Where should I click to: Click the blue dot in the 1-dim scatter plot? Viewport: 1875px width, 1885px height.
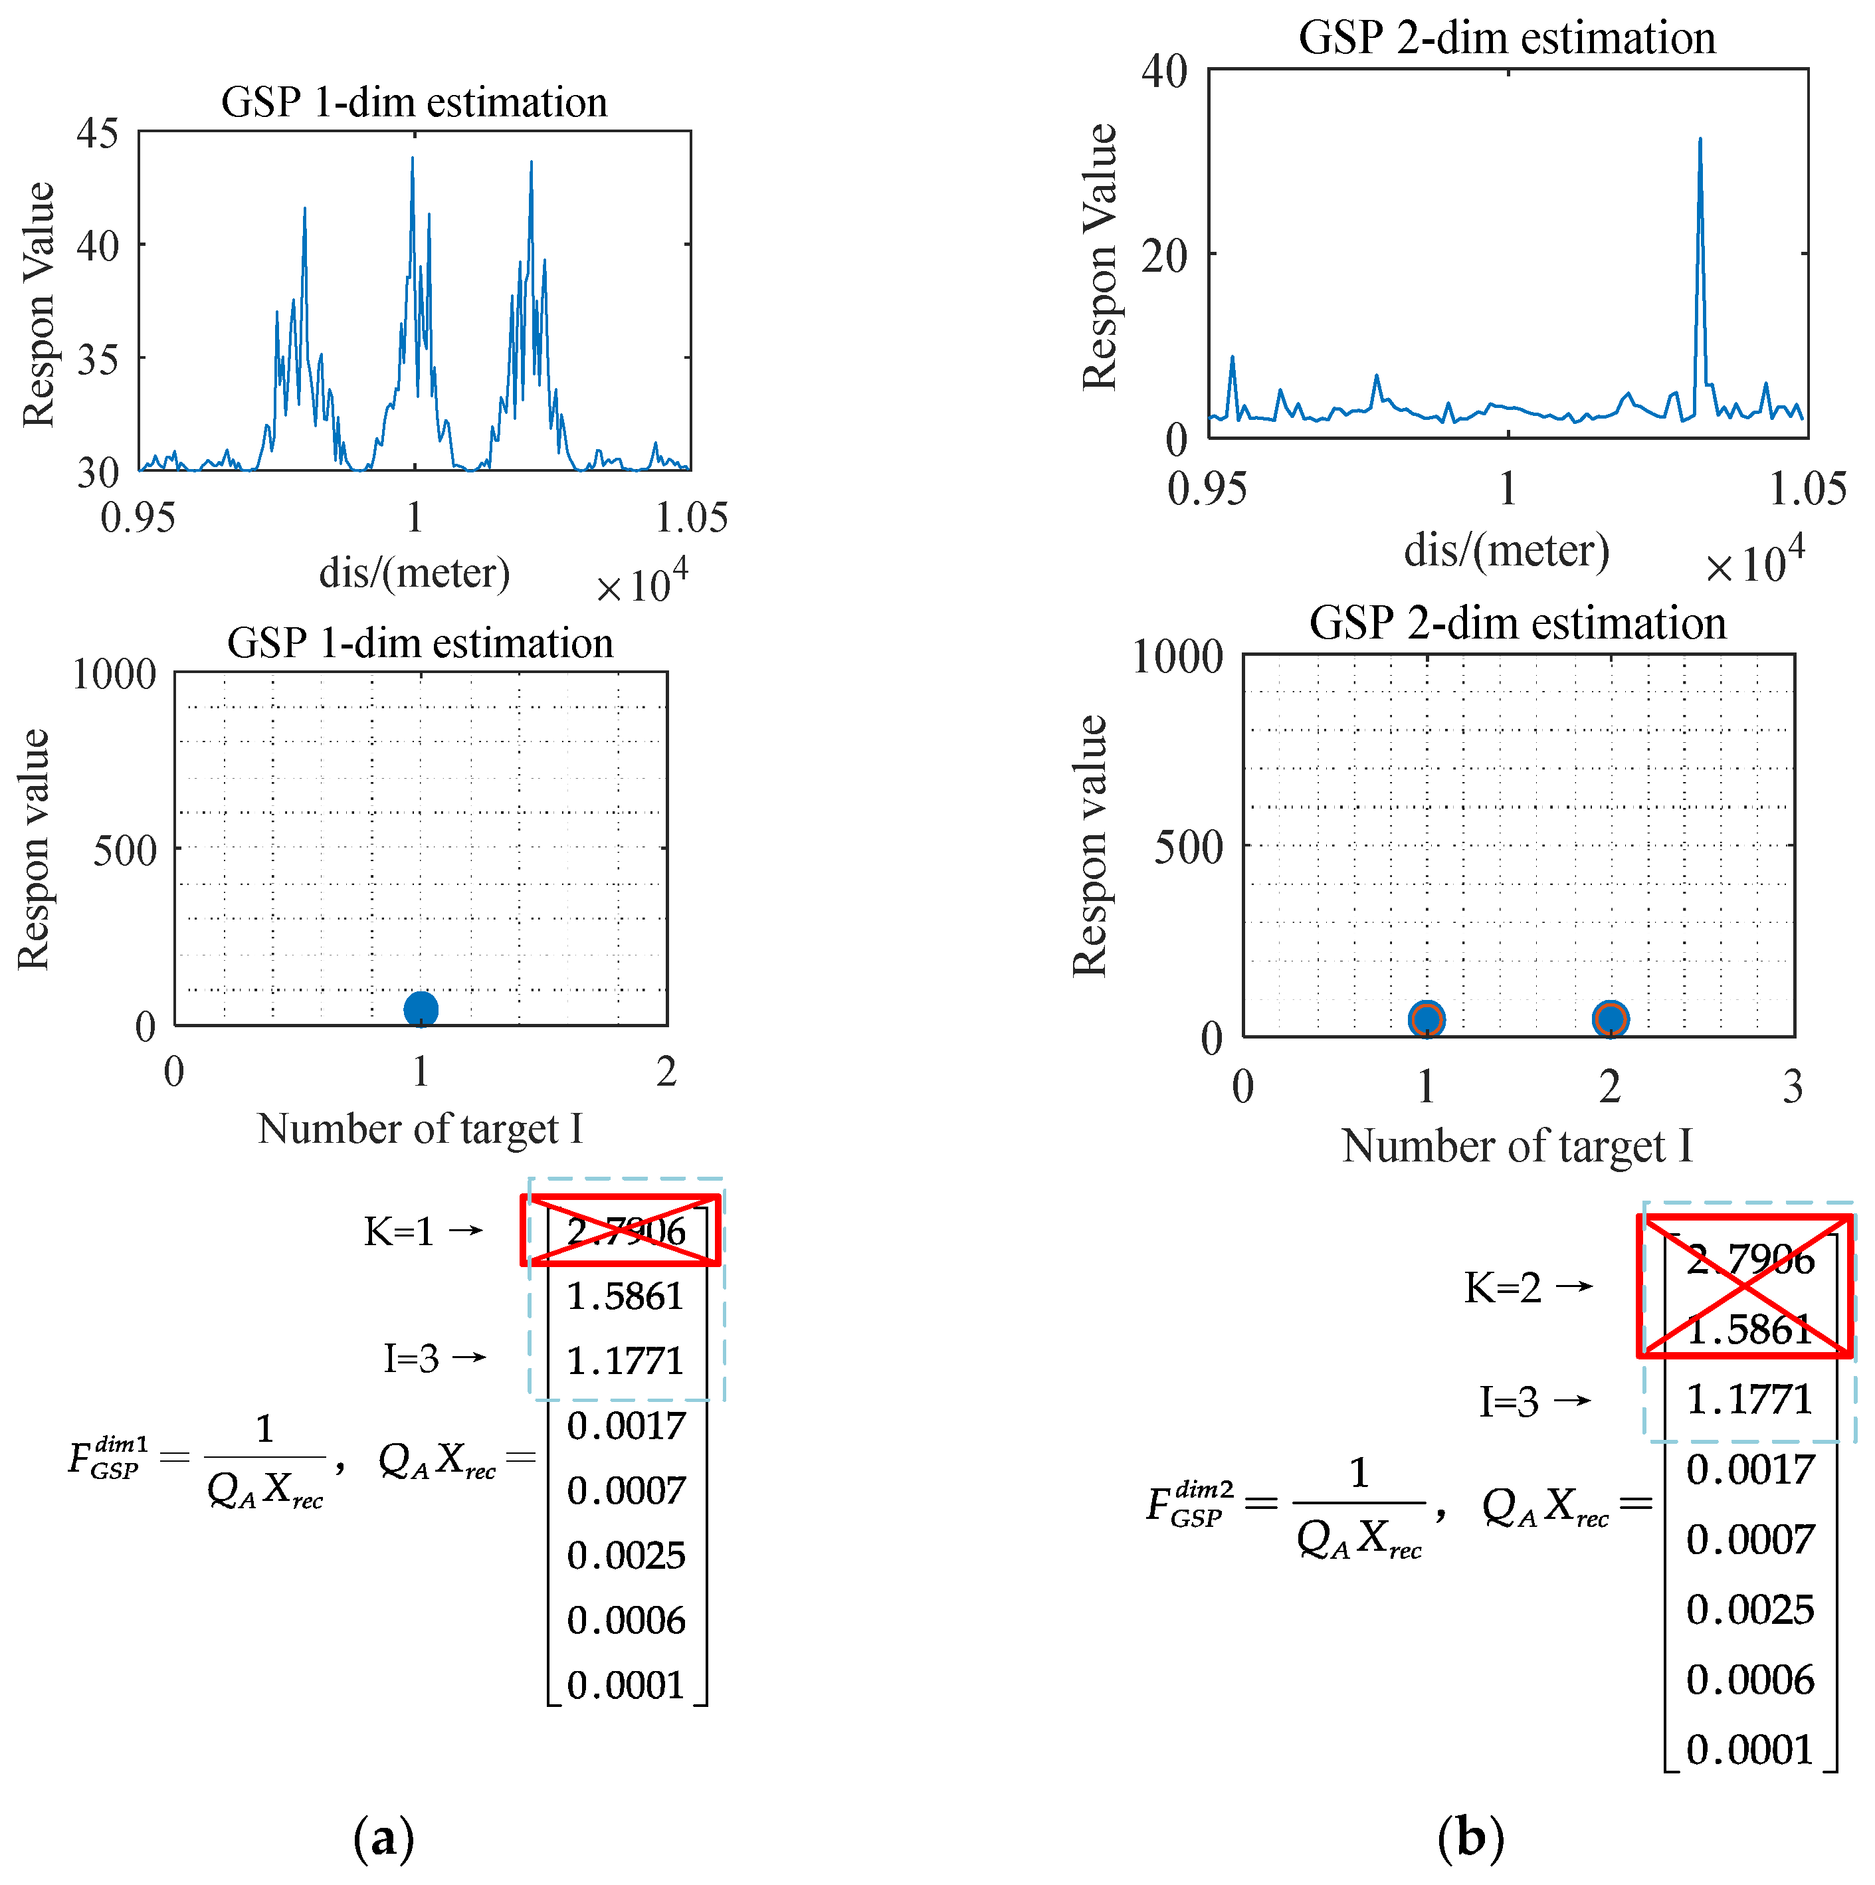[421, 1009]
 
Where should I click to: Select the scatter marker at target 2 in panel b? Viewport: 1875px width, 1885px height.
[1610, 1019]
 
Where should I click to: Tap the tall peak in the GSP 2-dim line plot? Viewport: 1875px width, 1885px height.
[1700, 142]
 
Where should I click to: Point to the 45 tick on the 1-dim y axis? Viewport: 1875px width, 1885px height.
[98, 133]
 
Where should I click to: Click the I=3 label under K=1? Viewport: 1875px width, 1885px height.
[411, 1357]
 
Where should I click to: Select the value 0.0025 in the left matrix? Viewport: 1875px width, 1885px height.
[627, 1555]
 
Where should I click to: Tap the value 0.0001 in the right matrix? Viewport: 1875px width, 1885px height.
[1750, 1749]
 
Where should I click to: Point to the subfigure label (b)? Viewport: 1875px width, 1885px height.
[1470, 1837]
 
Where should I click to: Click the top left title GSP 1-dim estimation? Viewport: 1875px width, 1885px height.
[414, 102]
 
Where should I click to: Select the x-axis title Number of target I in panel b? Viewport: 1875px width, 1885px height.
[1517, 1145]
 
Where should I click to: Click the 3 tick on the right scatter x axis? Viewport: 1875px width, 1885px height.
[1792, 1086]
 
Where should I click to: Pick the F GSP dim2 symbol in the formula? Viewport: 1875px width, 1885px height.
[1188, 1504]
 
